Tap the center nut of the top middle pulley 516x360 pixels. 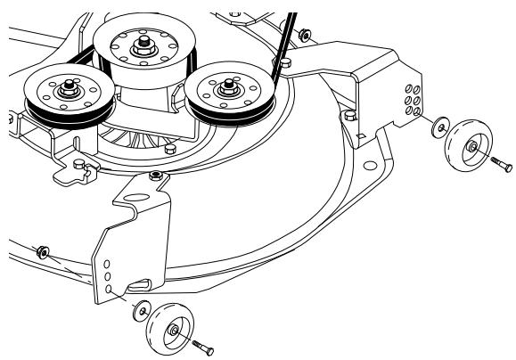[x=143, y=42]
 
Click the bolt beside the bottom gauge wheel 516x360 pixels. [x=201, y=345]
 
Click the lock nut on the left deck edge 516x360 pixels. [x=42, y=254]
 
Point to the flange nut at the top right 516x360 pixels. [x=305, y=36]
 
